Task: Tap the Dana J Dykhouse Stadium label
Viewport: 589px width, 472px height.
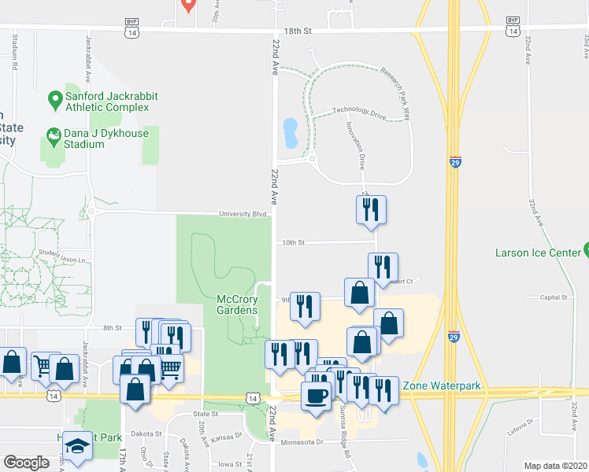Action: click(94, 138)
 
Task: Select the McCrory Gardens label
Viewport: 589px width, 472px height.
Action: click(237, 304)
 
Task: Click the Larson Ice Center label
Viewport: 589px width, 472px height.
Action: click(538, 253)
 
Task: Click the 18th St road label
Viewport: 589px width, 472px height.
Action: click(298, 29)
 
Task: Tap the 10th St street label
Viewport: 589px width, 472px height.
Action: click(293, 243)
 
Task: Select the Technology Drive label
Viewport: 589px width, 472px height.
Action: click(359, 112)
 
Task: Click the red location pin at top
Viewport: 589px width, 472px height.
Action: click(187, 5)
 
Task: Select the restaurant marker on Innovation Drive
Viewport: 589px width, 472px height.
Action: click(371, 210)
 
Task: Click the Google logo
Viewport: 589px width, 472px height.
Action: click(26, 463)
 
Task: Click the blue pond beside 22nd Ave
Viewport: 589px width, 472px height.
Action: click(290, 133)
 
